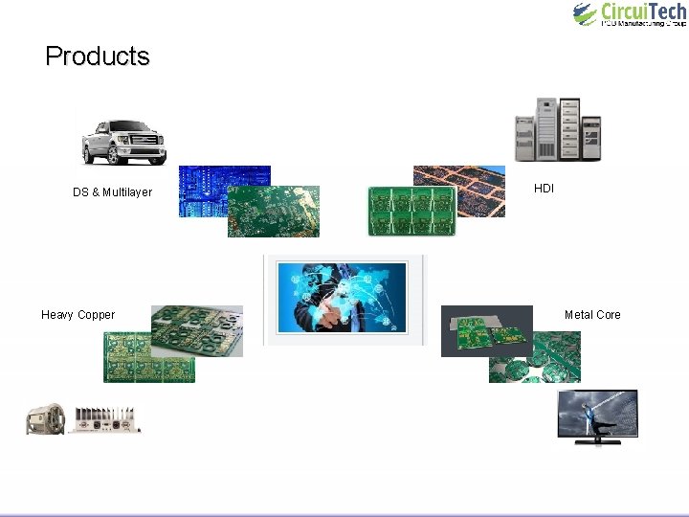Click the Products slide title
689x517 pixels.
pos(97,56)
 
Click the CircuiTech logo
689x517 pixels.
pos(629,14)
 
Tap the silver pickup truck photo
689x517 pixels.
pos(122,141)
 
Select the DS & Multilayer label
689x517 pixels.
pos(112,192)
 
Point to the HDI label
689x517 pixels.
pos(544,189)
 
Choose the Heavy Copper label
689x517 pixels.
pos(78,315)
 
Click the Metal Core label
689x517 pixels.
pos(592,315)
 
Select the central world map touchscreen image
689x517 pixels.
pos(342,297)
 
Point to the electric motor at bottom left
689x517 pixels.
pos(45,419)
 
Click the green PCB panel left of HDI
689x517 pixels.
pos(411,212)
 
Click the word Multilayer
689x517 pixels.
pos(127,192)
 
